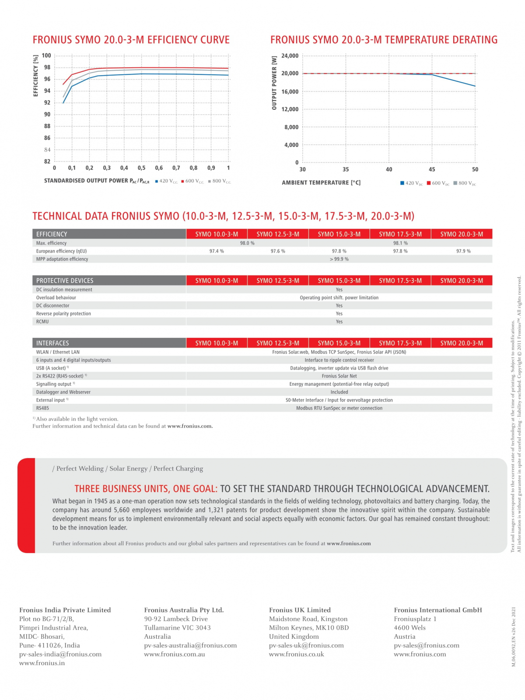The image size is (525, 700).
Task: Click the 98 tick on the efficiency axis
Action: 47,67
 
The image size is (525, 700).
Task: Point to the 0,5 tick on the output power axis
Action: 141,168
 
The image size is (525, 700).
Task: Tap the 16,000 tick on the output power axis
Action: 290,91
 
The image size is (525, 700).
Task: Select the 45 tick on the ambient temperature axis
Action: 432,169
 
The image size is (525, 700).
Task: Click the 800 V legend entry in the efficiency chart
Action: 220,181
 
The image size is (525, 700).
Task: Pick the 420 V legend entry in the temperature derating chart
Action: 411,183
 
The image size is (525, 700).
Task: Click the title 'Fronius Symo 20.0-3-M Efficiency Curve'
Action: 131,40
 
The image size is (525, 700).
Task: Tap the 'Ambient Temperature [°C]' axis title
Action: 321,183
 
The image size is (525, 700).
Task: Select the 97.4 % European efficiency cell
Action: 217,251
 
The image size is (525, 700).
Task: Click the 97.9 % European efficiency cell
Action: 463,251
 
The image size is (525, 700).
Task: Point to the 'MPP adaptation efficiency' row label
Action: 62,259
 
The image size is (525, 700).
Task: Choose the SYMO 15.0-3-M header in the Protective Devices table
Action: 339,280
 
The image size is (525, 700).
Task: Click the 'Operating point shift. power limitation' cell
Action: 339,297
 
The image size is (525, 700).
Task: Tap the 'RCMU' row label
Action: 42,322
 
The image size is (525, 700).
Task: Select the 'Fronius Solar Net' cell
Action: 339,376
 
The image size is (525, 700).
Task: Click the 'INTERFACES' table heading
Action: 52,343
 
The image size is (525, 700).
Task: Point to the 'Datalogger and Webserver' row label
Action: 63,392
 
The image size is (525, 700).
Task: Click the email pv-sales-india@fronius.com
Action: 60,654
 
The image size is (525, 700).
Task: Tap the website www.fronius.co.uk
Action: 297,654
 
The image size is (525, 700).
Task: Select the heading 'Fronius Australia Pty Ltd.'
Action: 184,610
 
